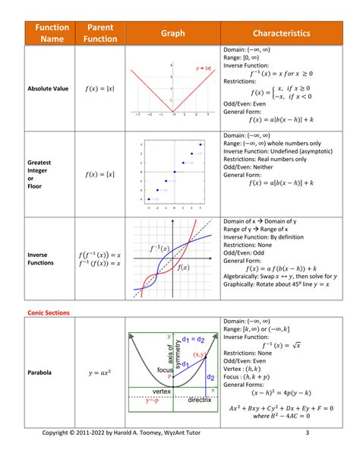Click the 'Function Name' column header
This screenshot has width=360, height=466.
(x=49, y=33)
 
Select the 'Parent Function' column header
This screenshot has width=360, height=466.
(x=100, y=33)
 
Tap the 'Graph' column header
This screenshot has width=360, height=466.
(x=172, y=33)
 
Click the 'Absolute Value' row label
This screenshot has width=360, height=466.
(x=48, y=89)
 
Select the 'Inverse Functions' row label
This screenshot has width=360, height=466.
(x=43, y=258)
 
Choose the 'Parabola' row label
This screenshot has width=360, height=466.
(x=39, y=373)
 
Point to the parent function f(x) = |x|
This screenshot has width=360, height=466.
(x=100, y=89)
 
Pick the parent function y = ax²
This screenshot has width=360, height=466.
(x=100, y=373)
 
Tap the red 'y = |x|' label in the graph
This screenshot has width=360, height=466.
(x=201, y=67)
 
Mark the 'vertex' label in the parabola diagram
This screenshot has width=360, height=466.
(x=166, y=392)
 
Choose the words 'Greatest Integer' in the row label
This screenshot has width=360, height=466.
(x=39, y=168)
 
